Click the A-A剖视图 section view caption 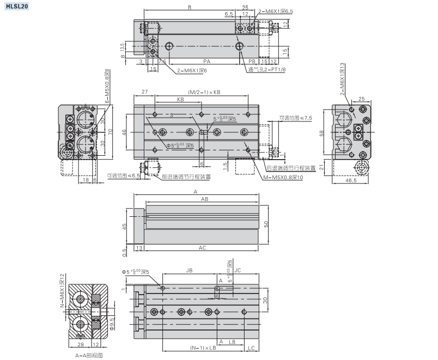[x=89, y=355]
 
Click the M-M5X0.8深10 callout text [x=289, y=177]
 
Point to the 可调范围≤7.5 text [x=296, y=117]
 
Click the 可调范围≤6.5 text [x=123, y=176]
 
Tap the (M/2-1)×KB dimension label [x=204, y=92]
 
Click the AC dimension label [x=202, y=248]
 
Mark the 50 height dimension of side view [x=267, y=225]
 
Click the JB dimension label [x=189, y=270]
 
